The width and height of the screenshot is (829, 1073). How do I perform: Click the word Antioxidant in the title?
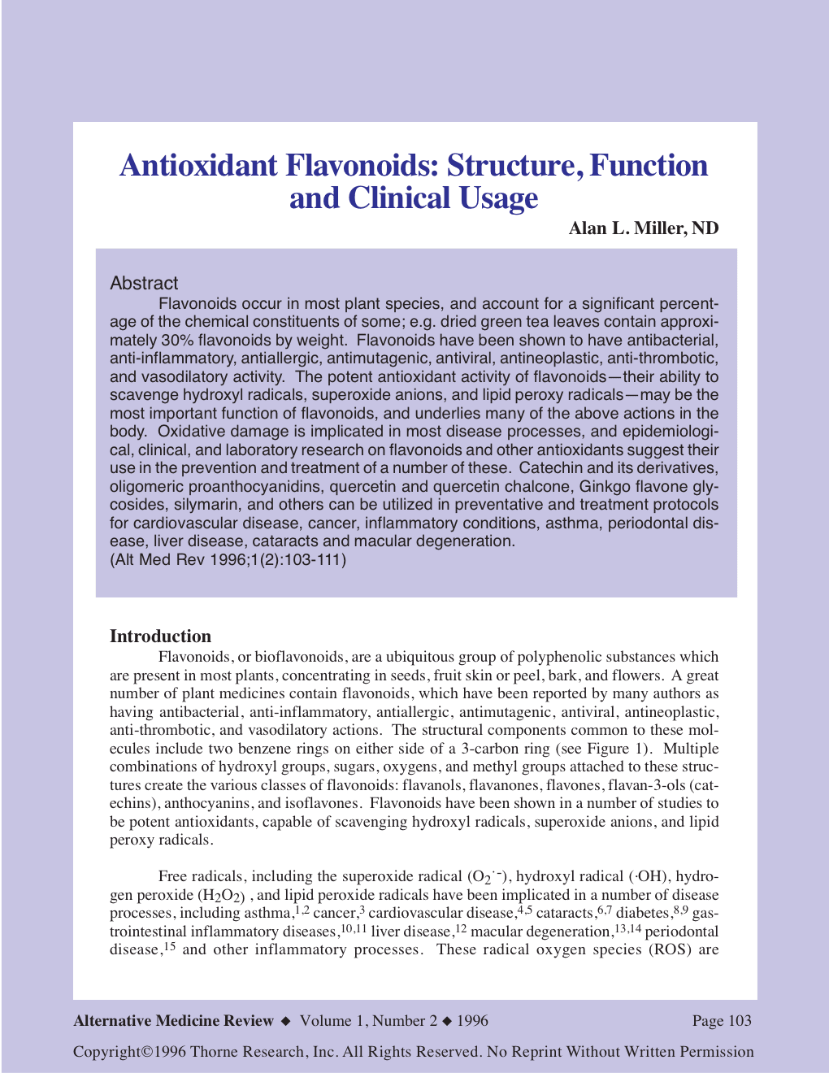point(198,166)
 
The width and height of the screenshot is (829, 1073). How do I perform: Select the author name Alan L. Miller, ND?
point(643,228)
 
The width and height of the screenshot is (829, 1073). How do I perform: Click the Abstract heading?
point(144,284)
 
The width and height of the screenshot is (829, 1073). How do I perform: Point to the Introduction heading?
point(160,636)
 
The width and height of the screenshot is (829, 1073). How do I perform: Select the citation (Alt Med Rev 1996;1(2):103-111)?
point(228,560)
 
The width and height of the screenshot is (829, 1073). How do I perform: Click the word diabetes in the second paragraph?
point(643,913)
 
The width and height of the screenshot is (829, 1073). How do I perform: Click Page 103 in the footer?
point(722,1021)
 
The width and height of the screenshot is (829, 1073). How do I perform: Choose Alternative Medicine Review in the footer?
point(173,1021)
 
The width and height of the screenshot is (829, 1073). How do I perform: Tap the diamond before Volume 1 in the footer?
point(285,1021)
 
